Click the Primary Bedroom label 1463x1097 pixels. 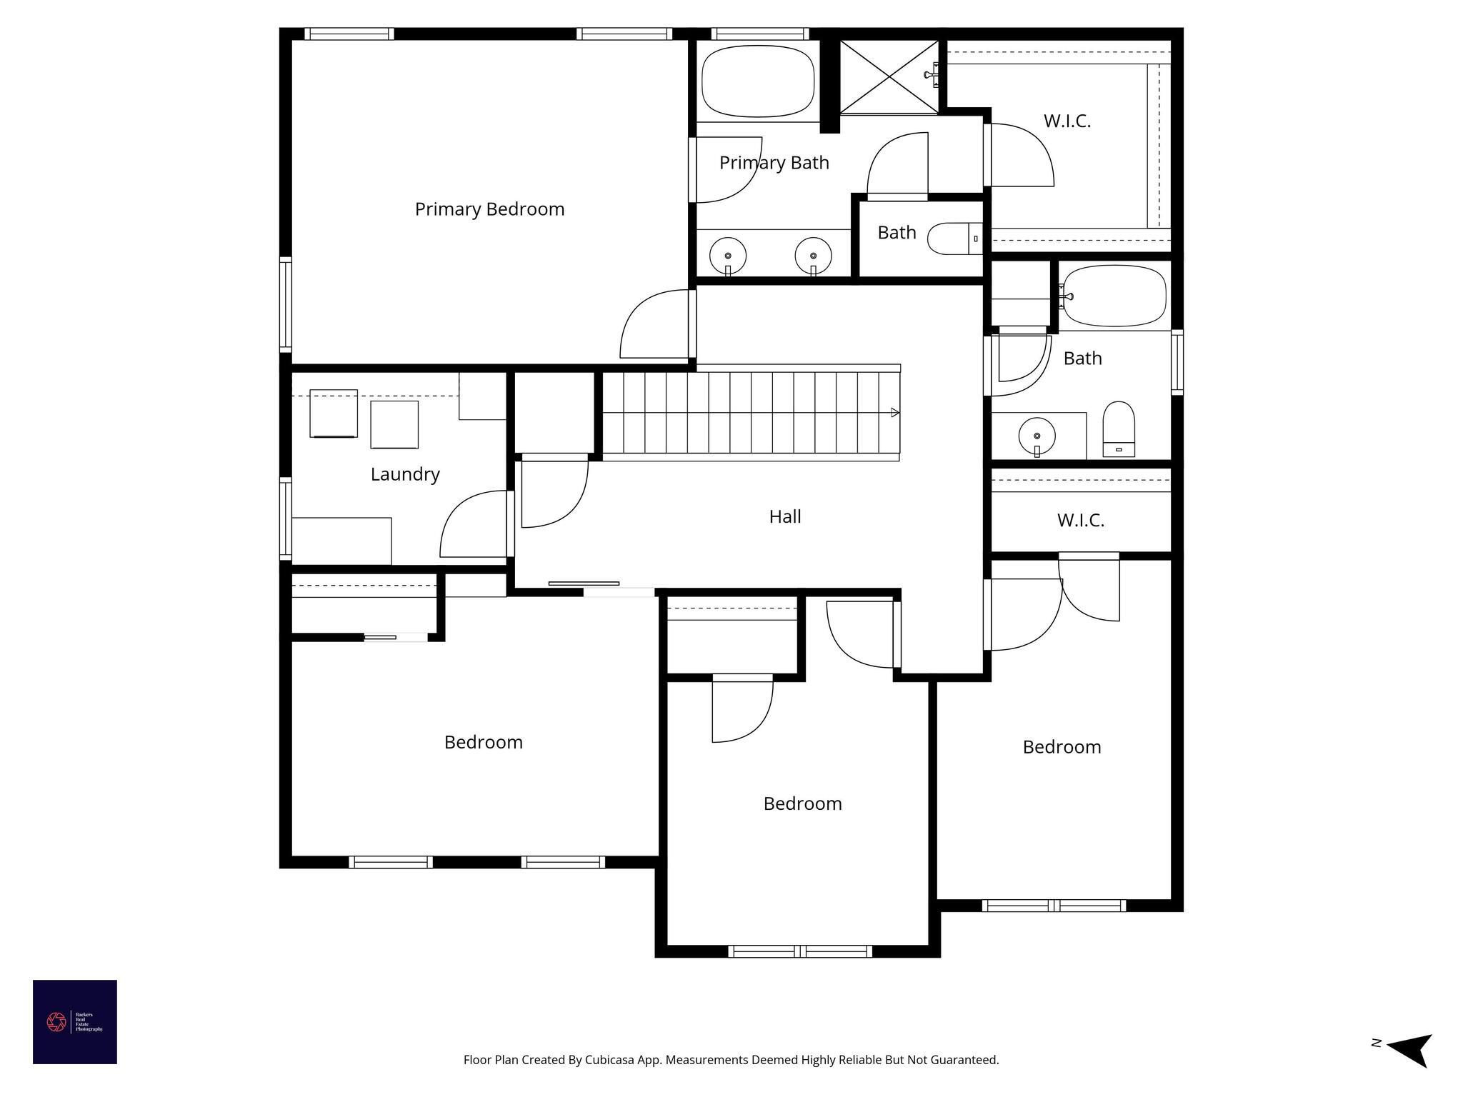[x=489, y=209]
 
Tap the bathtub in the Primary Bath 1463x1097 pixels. [x=758, y=81]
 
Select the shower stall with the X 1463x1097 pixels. [x=889, y=77]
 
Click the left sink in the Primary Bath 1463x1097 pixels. [x=728, y=256]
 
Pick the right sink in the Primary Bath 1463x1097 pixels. [x=813, y=256]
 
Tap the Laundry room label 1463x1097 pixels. [x=405, y=474]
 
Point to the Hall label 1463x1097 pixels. [x=784, y=516]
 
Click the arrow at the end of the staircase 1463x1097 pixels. [x=894, y=412]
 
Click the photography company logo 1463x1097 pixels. [x=74, y=1022]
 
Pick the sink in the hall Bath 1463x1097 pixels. [x=1037, y=435]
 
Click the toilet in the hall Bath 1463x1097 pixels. [x=1119, y=428]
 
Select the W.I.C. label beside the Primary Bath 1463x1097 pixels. [x=1067, y=121]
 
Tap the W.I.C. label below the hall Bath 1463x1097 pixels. [x=1080, y=520]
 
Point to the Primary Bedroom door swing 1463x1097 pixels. [x=654, y=324]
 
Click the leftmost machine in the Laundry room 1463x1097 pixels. [x=333, y=414]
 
